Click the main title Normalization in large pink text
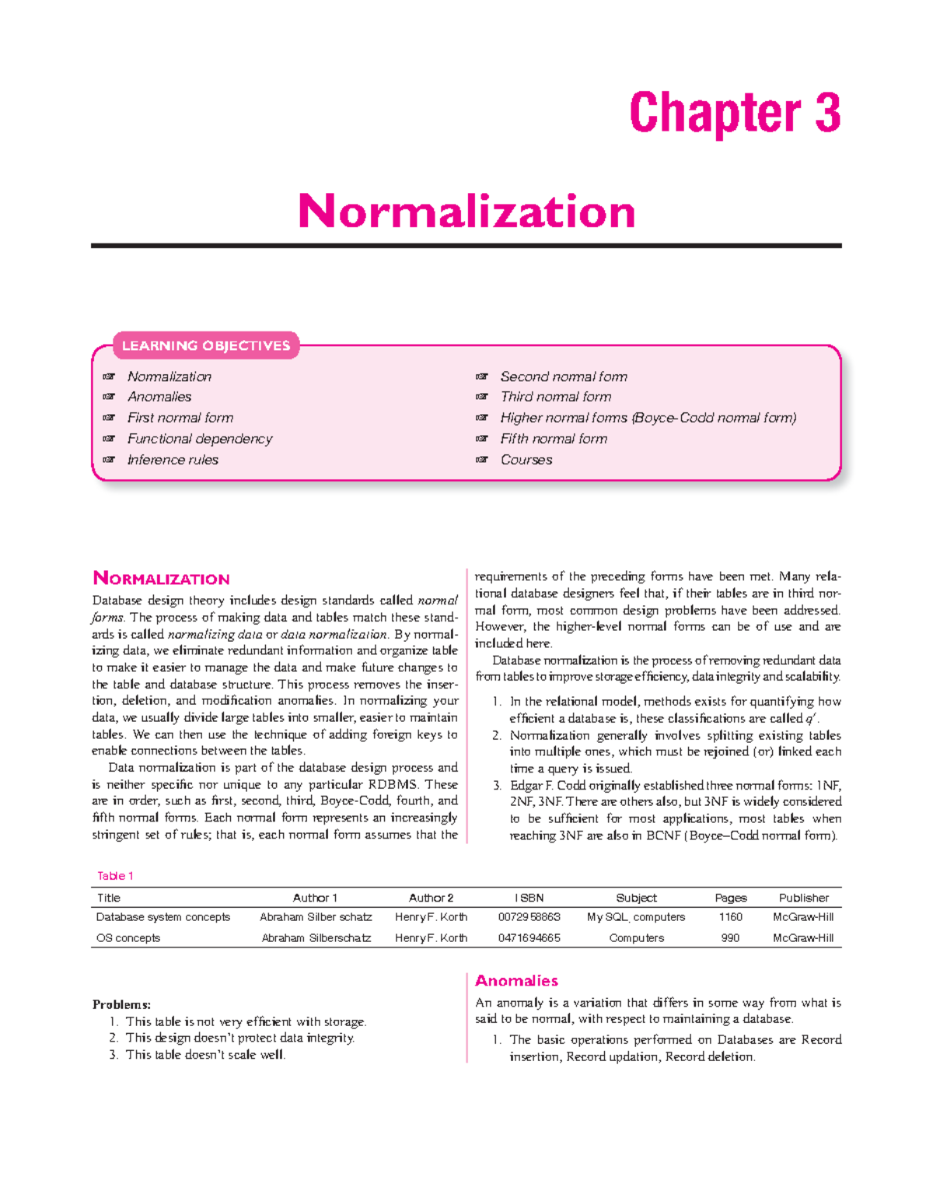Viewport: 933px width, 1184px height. [466, 212]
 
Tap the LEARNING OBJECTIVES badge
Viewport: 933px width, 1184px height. [206, 345]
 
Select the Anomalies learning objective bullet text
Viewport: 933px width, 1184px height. [159, 397]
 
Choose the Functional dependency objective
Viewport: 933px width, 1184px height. [200, 439]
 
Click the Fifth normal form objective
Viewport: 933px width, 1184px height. [554, 439]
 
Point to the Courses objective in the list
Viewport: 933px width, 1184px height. [526, 460]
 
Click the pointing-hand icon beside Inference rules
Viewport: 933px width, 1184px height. [110, 460]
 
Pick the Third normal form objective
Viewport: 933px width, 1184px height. [555, 397]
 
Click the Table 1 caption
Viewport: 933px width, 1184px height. [115, 876]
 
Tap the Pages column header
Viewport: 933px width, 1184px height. [730, 898]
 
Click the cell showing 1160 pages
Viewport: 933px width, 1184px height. [730, 917]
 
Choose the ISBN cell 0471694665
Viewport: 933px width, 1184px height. [529, 938]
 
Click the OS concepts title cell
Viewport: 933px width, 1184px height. [128, 938]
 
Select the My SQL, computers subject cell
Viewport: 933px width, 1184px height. [636, 917]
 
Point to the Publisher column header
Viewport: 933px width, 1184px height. [803, 898]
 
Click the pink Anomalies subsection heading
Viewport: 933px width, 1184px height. [516, 981]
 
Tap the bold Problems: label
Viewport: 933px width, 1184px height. [121, 1004]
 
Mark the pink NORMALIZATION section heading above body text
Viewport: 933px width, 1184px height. [161, 579]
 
